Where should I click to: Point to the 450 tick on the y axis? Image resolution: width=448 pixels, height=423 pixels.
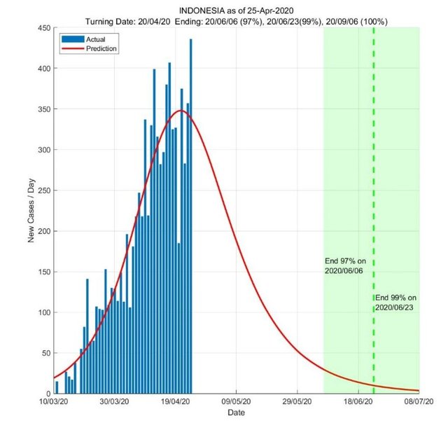pyautogui.click(x=42, y=28)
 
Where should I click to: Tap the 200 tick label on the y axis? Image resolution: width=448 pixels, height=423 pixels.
pyautogui.click(x=42, y=231)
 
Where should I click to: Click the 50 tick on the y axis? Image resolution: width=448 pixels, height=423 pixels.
pyautogui.click(x=44, y=353)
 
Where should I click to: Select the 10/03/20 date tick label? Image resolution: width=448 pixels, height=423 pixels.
pyautogui.click(x=53, y=403)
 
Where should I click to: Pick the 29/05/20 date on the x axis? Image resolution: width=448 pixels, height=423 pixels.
pyautogui.click(x=297, y=403)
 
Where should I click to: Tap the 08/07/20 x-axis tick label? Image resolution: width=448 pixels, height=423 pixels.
pyautogui.click(x=419, y=403)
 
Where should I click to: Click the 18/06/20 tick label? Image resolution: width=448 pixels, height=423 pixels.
pyautogui.click(x=358, y=403)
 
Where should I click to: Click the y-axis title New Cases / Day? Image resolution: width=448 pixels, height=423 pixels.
pyautogui.click(x=31, y=210)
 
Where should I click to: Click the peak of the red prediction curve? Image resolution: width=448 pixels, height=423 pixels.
pyautogui.click(x=181, y=111)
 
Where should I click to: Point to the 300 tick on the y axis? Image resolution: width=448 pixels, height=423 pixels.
pyautogui.click(x=42, y=150)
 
